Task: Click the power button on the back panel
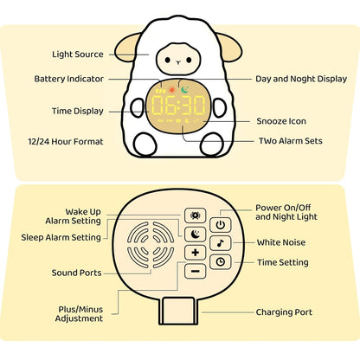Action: [x=222, y=224]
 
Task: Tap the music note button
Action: [x=222, y=243]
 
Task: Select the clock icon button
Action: [x=222, y=261]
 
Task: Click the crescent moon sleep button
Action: [x=196, y=233]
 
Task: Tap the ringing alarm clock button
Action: [x=196, y=215]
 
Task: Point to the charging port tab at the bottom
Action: [x=179, y=312]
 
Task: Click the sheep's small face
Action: [x=179, y=61]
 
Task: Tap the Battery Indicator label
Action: [x=68, y=79]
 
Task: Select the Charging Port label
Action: [x=284, y=312]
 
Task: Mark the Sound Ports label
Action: [x=76, y=273]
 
